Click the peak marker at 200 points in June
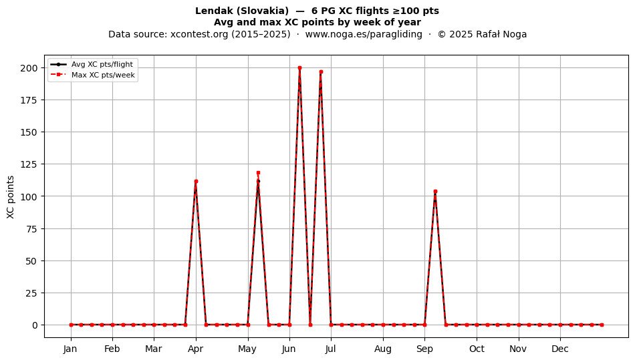(299, 68)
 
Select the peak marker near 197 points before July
(321, 72)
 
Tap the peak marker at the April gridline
(196, 182)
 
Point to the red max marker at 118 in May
(259, 173)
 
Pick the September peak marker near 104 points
(435, 191)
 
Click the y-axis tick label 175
(29, 100)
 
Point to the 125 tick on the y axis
(29, 164)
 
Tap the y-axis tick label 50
(32, 261)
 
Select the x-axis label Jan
(70, 349)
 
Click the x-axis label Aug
(383, 349)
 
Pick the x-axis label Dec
(560, 349)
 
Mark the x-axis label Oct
(477, 349)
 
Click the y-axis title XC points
(11, 197)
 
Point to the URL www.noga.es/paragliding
(364, 34)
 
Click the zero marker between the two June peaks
(310, 325)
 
